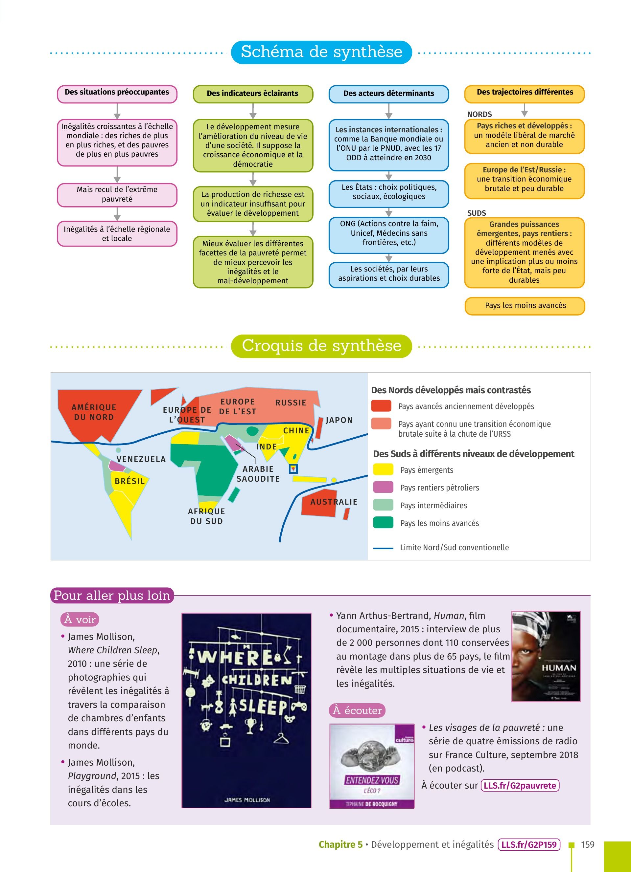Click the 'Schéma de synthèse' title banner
tap(321, 52)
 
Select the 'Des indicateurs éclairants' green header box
tap(253, 94)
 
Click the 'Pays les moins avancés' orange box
tap(525, 306)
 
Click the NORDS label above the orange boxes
tap(479, 115)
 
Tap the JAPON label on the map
tap(339, 420)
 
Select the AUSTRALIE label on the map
tap(334, 502)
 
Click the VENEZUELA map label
tap(141, 459)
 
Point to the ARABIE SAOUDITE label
tap(258, 474)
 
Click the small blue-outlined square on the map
tap(293, 469)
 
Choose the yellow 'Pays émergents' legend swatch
tap(383, 469)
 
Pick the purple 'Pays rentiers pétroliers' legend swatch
tap(383, 487)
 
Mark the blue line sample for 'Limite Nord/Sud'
tap(383, 548)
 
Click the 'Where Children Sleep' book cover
tap(246, 710)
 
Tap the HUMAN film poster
tap(546, 657)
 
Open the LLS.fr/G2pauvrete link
tap(520, 786)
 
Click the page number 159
tap(588, 845)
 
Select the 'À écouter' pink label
tap(357, 710)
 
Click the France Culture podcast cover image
tap(372, 766)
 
